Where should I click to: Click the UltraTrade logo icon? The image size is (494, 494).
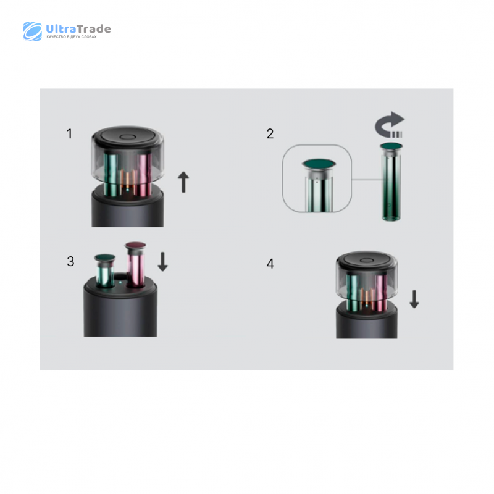click(x=32, y=31)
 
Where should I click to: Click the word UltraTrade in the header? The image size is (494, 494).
click(x=78, y=29)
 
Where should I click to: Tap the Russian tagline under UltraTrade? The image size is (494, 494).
click(x=72, y=37)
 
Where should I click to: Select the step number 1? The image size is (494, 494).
click(x=70, y=133)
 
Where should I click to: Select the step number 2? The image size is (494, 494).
click(x=270, y=134)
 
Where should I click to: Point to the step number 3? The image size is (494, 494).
click(x=70, y=261)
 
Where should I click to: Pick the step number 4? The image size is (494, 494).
click(x=270, y=264)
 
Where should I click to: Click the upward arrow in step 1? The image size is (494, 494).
click(x=183, y=182)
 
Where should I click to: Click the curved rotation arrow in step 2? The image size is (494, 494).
click(x=390, y=125)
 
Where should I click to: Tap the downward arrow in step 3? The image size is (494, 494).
click(x=162, y=262)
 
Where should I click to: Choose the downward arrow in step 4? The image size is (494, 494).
click(x=414, y=299)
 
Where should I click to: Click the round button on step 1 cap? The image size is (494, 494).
click(x=128, y=137)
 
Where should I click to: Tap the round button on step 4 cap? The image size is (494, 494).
click(x=367, y=261)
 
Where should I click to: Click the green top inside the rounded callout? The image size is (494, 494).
click(x=319, y=164)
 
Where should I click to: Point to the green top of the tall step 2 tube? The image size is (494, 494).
click(x=391, y=146)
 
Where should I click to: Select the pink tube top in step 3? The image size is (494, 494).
click(x=135, y=245)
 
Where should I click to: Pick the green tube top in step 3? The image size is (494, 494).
click(x=105, y=257)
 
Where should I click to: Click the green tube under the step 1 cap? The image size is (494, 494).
click(x=111, y=174)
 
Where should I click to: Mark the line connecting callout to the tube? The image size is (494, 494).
click(x=367, y=180)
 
